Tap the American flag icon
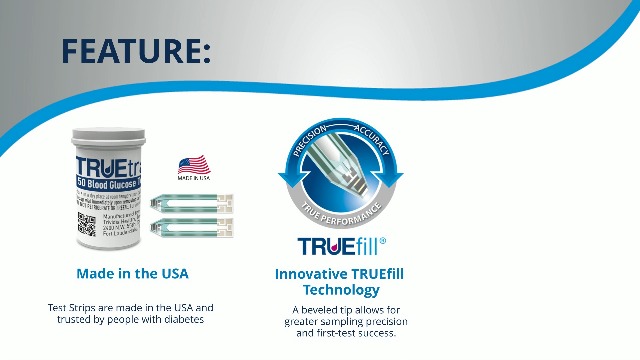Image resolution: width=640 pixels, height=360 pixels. [x=193, y=164]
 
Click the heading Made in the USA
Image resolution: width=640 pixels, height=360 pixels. [x=132, y=273]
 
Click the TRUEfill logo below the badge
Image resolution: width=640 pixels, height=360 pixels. [x=335, y=246]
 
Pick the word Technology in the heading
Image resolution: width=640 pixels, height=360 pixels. [x=341, y=290]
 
